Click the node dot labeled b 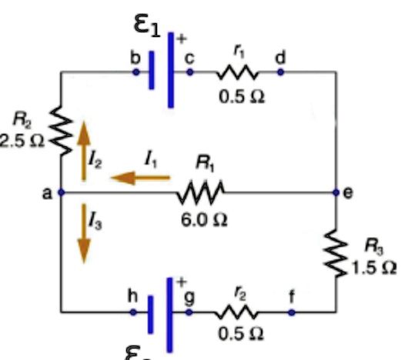tap(135, 72)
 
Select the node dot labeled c tap(189, 72)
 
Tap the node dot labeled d tap(280, 72)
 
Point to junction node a tap(61, 192)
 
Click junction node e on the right tap(336, 192)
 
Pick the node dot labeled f tap(292, 312)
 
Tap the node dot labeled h tap(133, 312)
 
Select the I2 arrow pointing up tap(83, 149)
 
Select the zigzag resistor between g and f tap(239, 312)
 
